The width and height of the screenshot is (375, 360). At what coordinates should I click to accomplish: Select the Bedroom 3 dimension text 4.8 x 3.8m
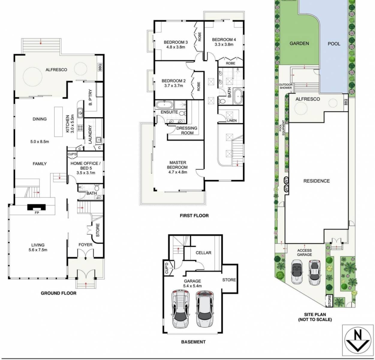176,47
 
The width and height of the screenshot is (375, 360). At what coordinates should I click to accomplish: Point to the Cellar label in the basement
203,253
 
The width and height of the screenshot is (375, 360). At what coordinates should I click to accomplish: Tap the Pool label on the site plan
334,44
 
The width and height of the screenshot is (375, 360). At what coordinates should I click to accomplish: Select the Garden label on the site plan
299,43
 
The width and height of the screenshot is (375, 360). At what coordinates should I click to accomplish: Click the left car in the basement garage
179,309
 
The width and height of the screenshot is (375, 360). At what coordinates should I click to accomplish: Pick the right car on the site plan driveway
314,273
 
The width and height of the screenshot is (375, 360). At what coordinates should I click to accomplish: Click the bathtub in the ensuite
164,105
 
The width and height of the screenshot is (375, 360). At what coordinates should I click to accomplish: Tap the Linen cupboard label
232,121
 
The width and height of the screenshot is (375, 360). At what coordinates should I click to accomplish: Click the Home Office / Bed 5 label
84,166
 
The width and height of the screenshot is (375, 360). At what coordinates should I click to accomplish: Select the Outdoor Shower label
285,86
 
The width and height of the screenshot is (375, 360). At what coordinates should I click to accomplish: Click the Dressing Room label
187,130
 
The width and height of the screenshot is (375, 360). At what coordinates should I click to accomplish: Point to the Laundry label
90,134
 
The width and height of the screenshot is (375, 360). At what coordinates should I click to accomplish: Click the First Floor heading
194,215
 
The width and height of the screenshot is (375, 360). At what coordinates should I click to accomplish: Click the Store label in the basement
229,280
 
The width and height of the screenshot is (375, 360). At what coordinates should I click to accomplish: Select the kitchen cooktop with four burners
80,129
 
